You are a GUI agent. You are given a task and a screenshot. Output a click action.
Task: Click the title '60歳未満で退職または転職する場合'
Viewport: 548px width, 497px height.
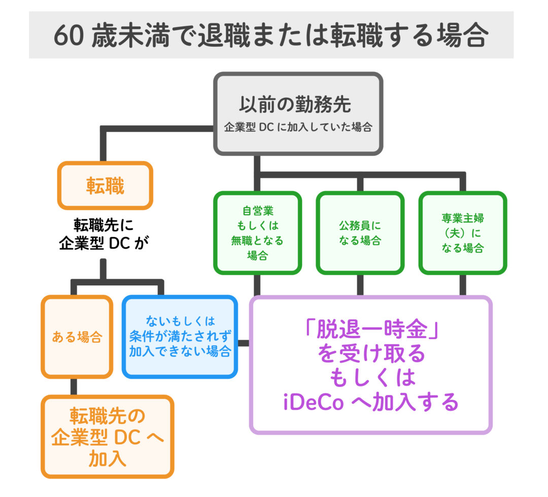tap(271, 36)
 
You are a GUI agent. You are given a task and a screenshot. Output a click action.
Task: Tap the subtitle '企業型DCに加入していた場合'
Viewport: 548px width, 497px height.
tap(298, 127)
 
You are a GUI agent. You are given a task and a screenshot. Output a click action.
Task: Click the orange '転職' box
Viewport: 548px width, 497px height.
tap(105, 186)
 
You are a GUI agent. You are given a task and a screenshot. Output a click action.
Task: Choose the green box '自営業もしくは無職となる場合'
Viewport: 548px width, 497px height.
tap(257, 233)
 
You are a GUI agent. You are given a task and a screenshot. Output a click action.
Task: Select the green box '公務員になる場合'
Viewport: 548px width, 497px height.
tap(360, 233)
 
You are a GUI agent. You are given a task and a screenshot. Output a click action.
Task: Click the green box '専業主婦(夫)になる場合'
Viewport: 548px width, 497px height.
tap(462, 233)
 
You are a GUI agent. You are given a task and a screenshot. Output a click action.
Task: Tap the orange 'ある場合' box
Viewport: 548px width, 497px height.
tap(77, 337)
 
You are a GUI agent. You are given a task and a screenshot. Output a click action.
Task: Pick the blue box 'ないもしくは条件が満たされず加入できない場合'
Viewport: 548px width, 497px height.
tap(180, 337)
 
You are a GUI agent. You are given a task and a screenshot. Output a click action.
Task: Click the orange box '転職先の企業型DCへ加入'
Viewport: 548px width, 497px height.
tap(108, 437)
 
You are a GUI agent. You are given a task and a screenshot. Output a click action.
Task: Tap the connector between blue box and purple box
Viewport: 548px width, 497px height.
tap(244, 343)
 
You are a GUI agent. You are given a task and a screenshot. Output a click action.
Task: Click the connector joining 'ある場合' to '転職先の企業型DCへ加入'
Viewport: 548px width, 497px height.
tap(74, 387)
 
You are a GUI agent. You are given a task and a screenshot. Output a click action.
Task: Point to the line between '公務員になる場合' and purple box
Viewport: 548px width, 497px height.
tap(360, 285)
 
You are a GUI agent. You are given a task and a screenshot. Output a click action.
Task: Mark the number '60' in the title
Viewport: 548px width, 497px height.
tap(68, 36)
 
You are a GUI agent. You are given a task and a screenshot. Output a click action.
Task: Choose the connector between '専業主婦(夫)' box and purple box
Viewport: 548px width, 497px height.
tap(463, 285)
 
